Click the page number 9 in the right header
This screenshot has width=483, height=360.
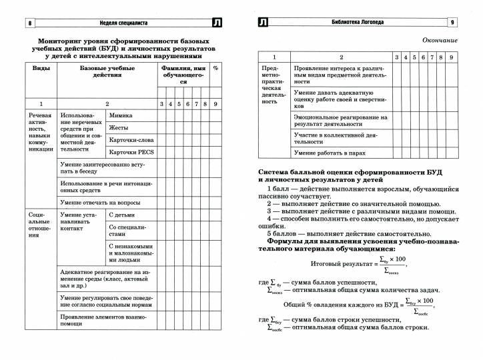point(452,23)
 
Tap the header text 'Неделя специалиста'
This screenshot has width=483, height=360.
point(120,23)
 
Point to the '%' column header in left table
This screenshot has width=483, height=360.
point(215,68)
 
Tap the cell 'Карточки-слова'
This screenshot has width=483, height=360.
point(131,140)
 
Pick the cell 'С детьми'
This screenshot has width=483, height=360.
point(121,215)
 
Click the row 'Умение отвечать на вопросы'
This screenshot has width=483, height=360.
point(100,202)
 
